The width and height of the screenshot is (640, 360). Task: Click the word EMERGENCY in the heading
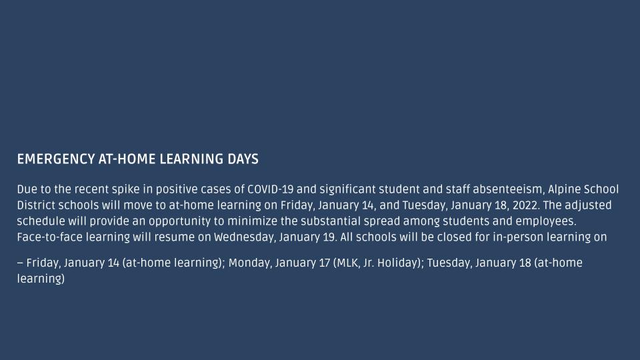[x=56, y=159]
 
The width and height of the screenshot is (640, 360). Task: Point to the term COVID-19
[x=270, y=189]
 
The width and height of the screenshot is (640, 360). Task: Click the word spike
[x=126, y=190]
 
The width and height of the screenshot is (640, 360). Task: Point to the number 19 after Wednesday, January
[x=329, y=237]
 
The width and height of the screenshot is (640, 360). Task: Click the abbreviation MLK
[x=346, y=263]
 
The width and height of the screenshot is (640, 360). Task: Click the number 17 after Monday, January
[x=324, y=263]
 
